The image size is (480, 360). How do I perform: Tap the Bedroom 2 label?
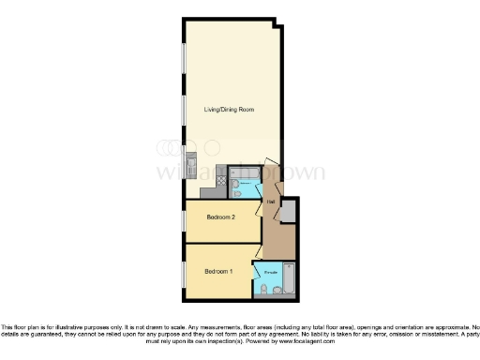click(220, 217)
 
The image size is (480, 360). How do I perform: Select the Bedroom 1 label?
click(218, 272)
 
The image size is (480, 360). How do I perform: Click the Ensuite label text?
click(270, 272)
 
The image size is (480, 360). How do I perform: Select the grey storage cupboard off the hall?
click(289, 212)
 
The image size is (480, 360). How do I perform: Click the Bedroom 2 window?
click(185, 221)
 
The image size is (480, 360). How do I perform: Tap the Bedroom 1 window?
click(185, 273)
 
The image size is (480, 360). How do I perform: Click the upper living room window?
click(185, 55)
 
